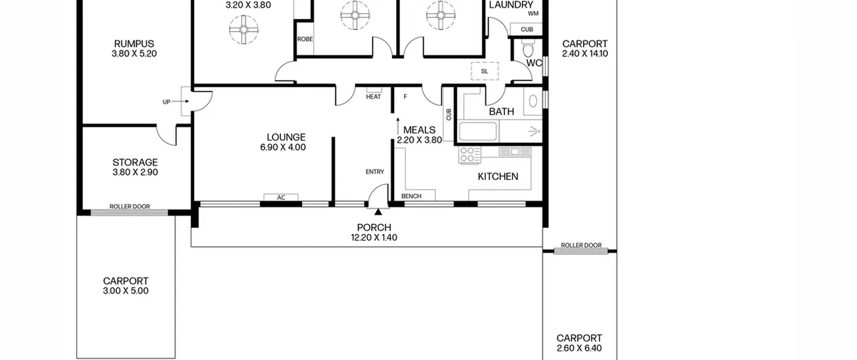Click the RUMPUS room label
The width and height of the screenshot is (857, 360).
134,44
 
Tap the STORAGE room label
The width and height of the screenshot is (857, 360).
135,162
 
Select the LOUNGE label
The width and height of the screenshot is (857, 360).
286,137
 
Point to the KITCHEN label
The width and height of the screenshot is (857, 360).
498,176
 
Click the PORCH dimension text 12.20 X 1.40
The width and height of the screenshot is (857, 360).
374,237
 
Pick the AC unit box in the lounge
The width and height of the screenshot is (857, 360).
281,197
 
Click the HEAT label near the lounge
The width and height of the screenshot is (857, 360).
373,97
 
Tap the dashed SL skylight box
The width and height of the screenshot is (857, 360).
485,71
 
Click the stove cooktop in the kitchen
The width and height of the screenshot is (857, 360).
469,155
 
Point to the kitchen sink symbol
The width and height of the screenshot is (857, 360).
515,152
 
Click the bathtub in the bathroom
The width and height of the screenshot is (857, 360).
478,131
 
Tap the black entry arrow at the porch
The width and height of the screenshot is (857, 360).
378,212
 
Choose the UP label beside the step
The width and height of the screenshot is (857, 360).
166,102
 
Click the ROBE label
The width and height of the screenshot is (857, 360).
305,39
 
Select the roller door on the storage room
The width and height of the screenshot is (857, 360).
129,212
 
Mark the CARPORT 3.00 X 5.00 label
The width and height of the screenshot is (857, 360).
126,286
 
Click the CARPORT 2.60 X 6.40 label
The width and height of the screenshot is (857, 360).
579,343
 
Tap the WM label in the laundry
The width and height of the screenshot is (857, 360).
533,13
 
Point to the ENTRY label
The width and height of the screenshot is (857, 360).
375,172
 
